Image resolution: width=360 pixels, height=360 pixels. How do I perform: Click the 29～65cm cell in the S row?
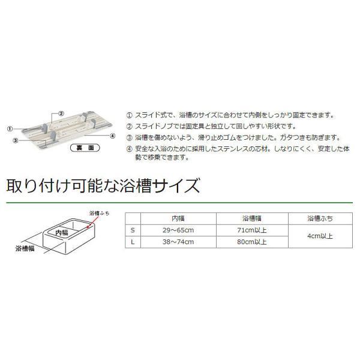coord(178,230)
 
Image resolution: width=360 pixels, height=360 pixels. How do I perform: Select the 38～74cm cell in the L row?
coord(178,242)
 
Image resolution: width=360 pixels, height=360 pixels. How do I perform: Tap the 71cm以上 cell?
coord(252,230)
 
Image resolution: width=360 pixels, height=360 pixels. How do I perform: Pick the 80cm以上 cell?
coord(252,242)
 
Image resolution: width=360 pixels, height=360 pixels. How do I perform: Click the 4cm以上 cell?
coord(320,236)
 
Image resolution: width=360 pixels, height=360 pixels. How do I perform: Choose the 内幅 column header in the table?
coord(178,218)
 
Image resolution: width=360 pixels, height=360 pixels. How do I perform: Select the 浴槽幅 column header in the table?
coord(252,218)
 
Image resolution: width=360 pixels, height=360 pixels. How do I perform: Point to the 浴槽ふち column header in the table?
coord(320,218)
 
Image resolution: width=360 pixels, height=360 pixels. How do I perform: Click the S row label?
coord(133,230)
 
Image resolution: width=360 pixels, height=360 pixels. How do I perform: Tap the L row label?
coord(133,242)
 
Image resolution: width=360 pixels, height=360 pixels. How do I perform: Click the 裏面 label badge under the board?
coord(85,148)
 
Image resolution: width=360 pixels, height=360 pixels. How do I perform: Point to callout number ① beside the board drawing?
coord(10,129)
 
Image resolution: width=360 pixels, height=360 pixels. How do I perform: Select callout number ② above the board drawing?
coord(61,113)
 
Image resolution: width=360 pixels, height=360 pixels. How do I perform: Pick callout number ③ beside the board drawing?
coord(16,140)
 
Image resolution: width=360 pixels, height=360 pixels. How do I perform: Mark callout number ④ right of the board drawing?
coord(113,136)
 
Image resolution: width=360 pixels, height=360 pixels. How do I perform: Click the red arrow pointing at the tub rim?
coord(92,222)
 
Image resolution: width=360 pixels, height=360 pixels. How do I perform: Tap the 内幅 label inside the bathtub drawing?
coord(62,233)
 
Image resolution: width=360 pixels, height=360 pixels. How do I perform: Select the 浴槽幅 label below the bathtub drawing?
coord(25,248)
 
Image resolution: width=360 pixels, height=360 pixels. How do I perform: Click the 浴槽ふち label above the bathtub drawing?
coord(99,213)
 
